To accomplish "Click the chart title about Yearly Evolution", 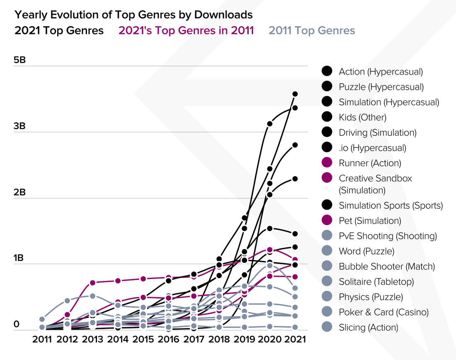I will (133, 15).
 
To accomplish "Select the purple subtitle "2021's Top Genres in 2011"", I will (186, 31).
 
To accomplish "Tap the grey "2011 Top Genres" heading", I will (312, 31).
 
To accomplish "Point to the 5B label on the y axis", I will (19, 60).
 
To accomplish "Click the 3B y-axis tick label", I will (19, 126).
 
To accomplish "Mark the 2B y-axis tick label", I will (19, 192).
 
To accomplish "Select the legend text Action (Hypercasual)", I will (381, 71).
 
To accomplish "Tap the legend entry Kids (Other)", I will (362, 117).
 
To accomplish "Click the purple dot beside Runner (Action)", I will (327, 163).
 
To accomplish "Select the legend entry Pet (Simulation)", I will (370, 220).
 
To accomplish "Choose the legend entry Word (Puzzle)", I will (366, 251).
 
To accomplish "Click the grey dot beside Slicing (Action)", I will (327, 327).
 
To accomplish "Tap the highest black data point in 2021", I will (295, 94).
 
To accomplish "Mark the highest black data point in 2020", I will (269, 123).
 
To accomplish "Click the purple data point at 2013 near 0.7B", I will (93, 283).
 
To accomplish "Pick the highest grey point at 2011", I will (42, 319).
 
